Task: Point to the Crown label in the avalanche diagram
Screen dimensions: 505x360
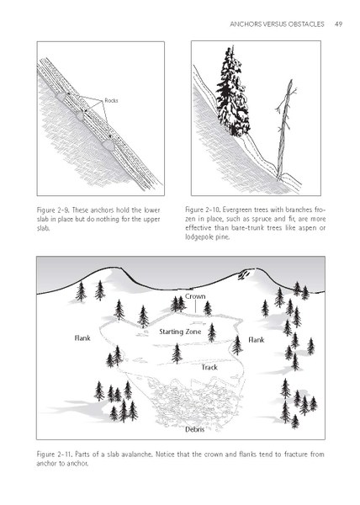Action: click(x=195, y=297)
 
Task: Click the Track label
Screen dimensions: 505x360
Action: click(x=210, y=367)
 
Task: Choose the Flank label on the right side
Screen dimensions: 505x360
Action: click(x=258, y=341)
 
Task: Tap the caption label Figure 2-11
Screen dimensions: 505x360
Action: click(x=56, y=455)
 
